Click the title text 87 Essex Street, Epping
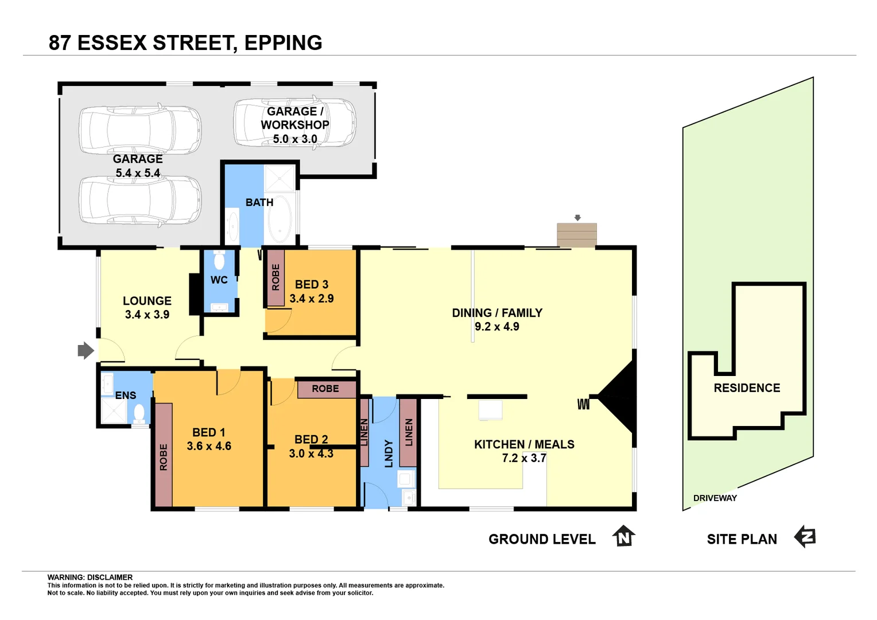[185, 42]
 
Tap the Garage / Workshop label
[294, 118]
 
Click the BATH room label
[259, 202]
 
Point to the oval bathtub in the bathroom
[280, 219]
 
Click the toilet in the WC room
[219, 261]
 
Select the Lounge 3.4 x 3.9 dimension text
[147, 315]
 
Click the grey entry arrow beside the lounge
[86, 350]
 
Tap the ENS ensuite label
[126, 396]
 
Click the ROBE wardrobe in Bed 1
[164, 455]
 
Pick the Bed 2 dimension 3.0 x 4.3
[311, 454]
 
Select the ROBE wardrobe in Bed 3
[275, 277]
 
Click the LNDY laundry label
[389, 454]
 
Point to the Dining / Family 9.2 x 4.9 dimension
[496, 327]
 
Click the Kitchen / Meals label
[524, 444]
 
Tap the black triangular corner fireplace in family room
[620, 396]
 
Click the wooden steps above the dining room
[577, 235]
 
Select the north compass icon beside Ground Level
[623, 536]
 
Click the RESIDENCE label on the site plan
[747, 388]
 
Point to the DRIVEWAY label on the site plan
[715, 498]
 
